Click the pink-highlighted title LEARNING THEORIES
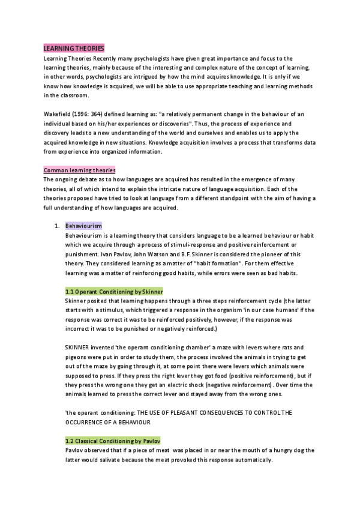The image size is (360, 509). coord(74,47)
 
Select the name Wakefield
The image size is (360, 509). coord(59,114)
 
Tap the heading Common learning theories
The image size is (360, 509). coord(80,170)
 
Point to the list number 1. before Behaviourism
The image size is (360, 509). coord(56,226)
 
